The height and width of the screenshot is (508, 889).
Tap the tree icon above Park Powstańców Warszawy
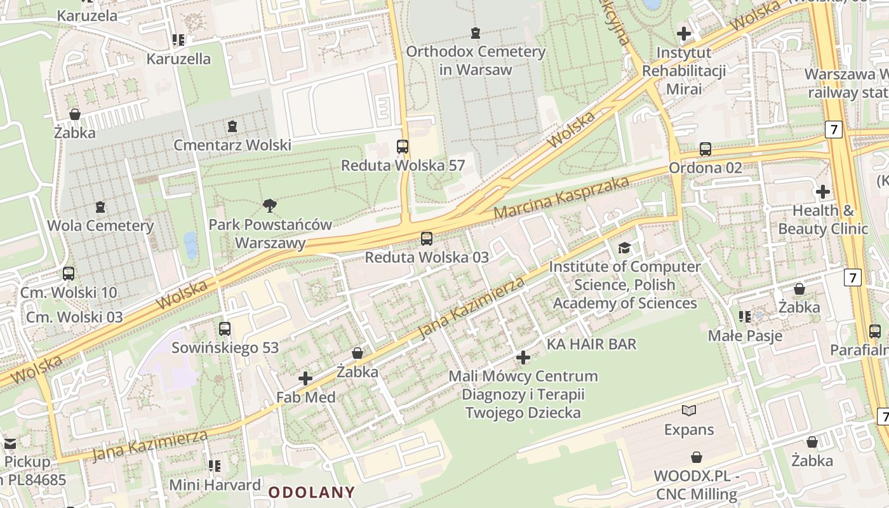tap(270, 205)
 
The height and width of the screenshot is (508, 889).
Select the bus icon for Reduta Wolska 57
tap(403, 147)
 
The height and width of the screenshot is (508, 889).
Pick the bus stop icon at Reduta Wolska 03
tap(427, 239)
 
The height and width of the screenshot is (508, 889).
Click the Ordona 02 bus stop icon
tap(705, 149)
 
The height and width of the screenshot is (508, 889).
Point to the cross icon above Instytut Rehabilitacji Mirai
tap(684, 34)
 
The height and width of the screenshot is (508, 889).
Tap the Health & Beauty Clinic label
tap(823, 219)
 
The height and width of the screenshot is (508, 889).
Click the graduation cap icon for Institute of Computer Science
tap(625, 248)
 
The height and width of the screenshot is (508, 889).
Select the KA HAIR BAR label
tap(591, 344)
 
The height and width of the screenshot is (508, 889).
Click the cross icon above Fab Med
tap(305, 379)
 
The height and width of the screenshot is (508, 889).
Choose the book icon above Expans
tap(689, 411)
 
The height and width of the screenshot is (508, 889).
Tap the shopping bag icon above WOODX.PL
tap(697, 457)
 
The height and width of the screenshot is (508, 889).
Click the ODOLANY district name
tap(311, 492)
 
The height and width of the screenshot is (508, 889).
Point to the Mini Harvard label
tap(215, 485)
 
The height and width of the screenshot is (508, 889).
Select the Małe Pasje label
tap(745, 335)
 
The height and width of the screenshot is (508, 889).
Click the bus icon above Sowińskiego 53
tap(225, 329)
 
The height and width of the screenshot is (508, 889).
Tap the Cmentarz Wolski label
tap(232, 145)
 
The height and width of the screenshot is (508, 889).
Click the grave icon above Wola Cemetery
tap(100, 207)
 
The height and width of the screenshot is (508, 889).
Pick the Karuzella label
tap(178, 58)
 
